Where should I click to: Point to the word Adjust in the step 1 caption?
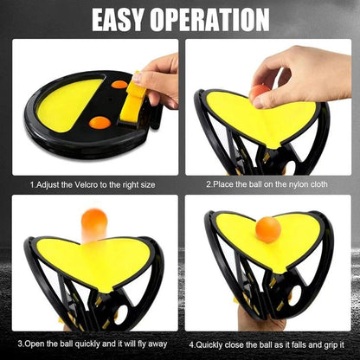point(48,183)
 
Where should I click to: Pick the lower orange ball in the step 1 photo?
point(100,122)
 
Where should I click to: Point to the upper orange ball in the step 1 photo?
point(119,85)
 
